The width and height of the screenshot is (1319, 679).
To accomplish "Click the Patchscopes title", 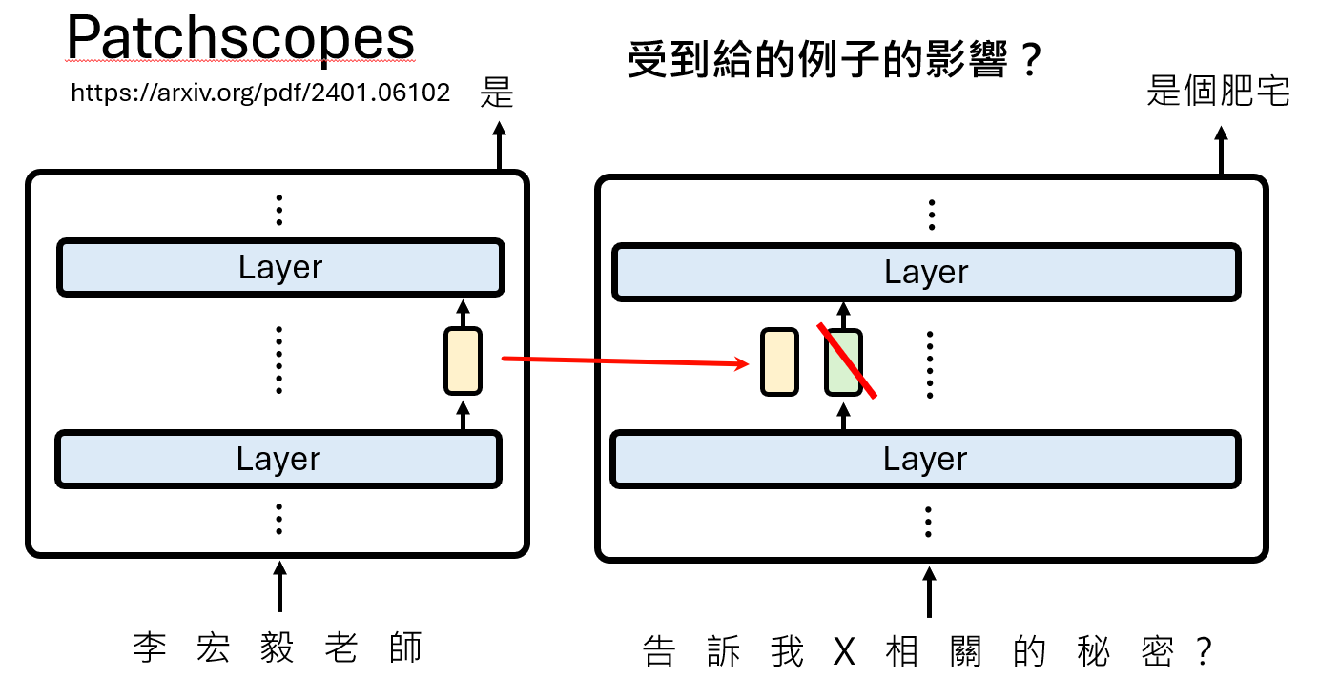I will tap(240, 38).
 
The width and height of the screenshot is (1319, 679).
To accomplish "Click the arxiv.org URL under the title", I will tap(260, 93).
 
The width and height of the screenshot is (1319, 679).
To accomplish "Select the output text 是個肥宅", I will tap(1218, 92).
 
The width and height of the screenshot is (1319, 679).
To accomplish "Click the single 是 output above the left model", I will tap(497, 93).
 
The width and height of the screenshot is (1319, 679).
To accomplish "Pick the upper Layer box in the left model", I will tap(279, 268).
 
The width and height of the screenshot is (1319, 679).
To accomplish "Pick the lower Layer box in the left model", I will tap(278, 460).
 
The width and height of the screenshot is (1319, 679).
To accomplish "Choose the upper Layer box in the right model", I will tap(925, 272).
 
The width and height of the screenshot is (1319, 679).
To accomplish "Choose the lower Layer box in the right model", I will tap(925, 460).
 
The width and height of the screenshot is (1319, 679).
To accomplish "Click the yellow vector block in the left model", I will tap(463, 360).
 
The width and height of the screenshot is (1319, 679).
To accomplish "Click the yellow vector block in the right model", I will tap(779, 361).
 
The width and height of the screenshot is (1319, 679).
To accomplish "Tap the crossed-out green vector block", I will tap(843, 361).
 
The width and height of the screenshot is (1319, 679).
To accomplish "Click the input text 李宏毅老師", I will tap(278, 648).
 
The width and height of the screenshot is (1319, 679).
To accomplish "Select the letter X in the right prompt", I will tap(845, 652).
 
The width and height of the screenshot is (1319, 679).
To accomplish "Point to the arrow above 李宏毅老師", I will tap(278, 586).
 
